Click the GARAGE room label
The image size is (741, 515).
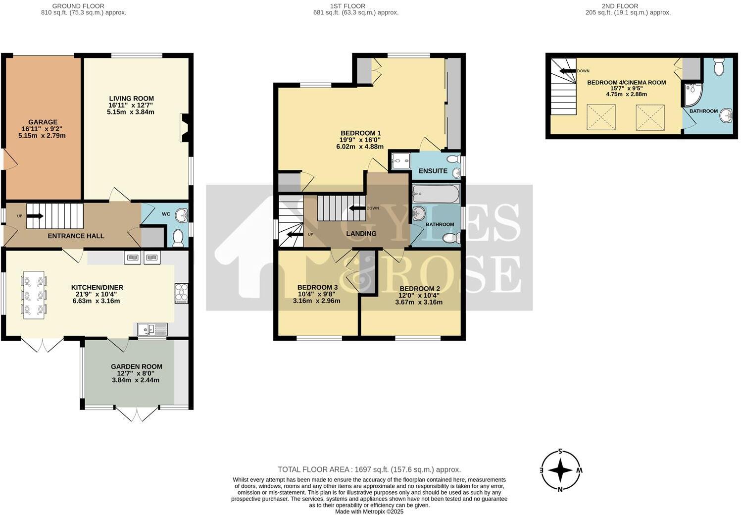[43, 122]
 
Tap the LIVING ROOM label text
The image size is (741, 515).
[132, 99]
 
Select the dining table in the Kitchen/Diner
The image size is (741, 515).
[33, 295]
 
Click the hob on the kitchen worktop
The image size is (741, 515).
[181, 293]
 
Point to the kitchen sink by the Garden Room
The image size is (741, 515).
[153, 330]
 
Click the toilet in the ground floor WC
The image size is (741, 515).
[178, 238]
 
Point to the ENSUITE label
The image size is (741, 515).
[433, 171]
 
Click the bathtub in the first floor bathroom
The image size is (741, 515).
[436, 194]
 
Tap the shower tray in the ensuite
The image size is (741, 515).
[401, 161]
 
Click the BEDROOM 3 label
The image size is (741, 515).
[317, 287]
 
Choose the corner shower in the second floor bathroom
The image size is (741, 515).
[693, 94]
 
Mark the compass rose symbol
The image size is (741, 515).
[560, 470]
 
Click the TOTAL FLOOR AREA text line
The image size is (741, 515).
[369, 469]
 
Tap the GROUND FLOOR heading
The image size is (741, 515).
[78, 6]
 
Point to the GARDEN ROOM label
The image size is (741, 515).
[136, 366]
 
